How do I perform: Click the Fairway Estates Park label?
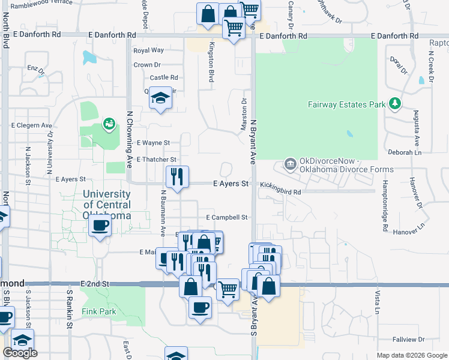(346, 104)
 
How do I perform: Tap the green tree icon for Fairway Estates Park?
(394, 104)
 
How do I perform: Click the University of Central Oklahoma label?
(107, 205)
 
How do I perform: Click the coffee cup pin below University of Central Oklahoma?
(100, 227)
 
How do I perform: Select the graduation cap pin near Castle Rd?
(160, 98)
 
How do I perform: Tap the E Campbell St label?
(227, 217)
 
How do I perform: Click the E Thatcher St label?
(156, 160)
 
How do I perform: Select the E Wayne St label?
(154, 143)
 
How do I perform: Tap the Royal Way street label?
(149, 50)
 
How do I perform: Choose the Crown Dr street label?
(147, 65)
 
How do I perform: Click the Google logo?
(20, 353)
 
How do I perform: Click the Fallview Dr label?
(408, 340)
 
